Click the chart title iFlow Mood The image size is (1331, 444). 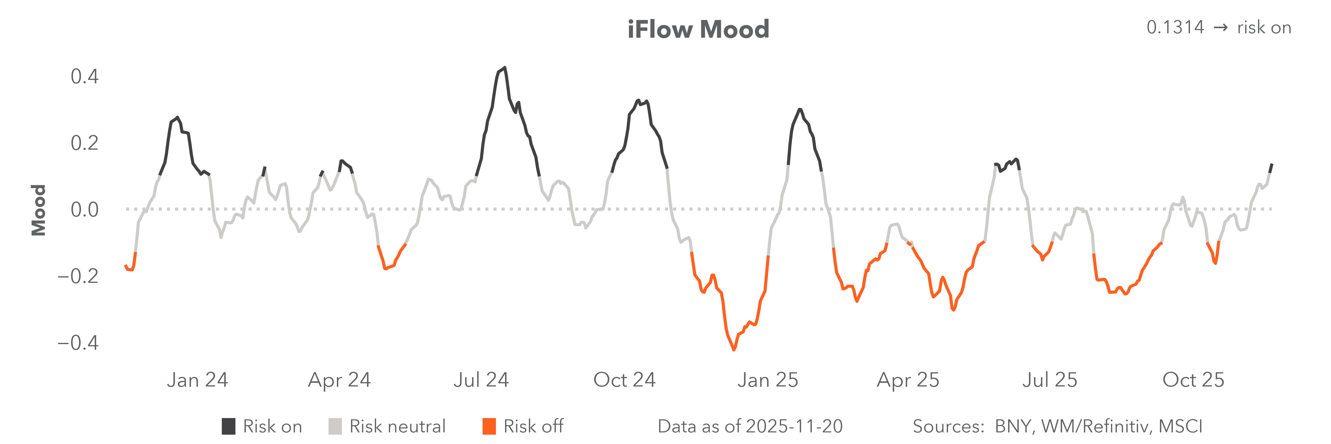pos(698,29)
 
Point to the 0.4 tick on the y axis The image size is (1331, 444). pos(85,76)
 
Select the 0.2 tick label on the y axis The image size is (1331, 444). pos(85,143)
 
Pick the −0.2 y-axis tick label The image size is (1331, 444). pos(78,276)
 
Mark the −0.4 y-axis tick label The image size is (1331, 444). pos(78,343)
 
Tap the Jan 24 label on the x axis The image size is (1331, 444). pos(197,380)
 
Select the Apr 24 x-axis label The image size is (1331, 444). pos(339,380)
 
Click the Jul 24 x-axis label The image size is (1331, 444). pos(481,380)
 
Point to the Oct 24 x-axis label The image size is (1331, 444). pos(624,380)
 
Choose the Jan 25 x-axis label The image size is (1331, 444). pos(768,380)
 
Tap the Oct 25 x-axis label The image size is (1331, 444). pos(1193,380)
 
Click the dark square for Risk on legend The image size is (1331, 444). pos(228,426)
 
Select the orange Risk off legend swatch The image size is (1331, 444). pos(489,426)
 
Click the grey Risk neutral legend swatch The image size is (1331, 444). pos(335,426)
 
